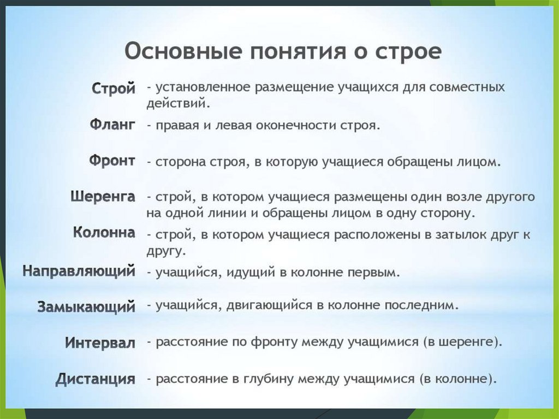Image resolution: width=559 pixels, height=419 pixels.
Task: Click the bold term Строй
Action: click(114, 88)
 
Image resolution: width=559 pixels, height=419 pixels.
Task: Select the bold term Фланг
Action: click(112, 125)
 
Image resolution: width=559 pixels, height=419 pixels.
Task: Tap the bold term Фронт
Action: click(112, 161)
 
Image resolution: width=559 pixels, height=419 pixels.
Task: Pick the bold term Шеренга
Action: click(103, 197)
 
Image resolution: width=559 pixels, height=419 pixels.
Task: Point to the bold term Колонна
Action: click(104, 233)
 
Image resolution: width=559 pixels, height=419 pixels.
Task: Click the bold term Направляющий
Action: click(79, 270)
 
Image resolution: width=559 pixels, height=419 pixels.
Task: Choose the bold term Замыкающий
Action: click(86, 306)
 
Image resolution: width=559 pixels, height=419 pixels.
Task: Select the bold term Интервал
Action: click(100, 343)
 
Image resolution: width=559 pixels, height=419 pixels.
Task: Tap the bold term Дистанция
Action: click(96, 379)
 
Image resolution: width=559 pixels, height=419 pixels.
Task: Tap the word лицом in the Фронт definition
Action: click(481, 162)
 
